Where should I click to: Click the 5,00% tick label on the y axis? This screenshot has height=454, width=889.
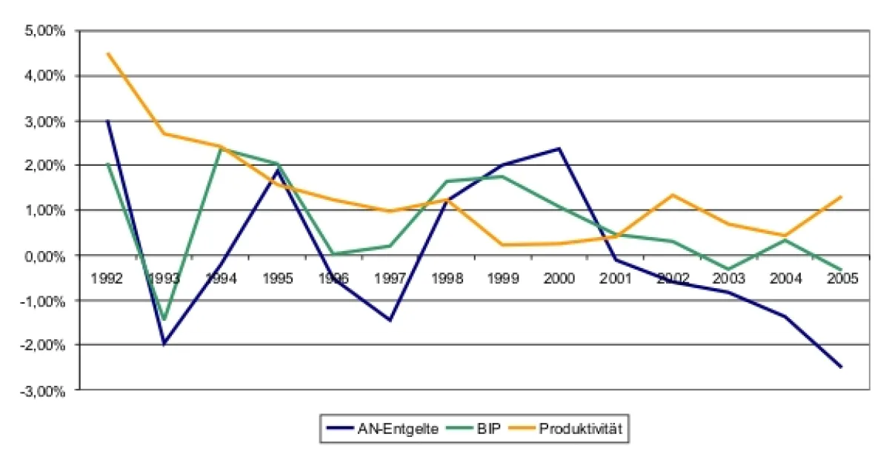pyautogui.click(x=46, y=31)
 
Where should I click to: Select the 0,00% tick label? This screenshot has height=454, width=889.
pyautogui.click(x=46, y=256)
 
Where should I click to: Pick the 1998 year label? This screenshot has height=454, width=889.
pyautogui.click(x=447, y=278)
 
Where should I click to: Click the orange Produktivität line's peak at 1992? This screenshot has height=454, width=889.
pyautogui.click(x=108, y=53)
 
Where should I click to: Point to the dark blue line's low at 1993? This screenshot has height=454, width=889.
pyautogui.click(x=164, y=344)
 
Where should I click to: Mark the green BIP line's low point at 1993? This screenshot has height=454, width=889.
pyautogui.click(x=164, y=320)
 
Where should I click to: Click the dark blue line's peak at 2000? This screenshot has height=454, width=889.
pyautogui.click(x=559, y=149)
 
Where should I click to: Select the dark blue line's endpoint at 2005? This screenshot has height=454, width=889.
pyautogui.click(x=841, y=367)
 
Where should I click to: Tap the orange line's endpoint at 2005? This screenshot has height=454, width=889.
pyautogui.click(x=841, y=197)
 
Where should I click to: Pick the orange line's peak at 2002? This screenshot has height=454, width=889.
pyautogui.click(x=672, y=195)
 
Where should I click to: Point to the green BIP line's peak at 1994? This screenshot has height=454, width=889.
pyautogui.click(x=221, y=149)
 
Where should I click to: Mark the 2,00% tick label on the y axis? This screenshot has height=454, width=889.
pyautogui.click(x=46, y=166)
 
